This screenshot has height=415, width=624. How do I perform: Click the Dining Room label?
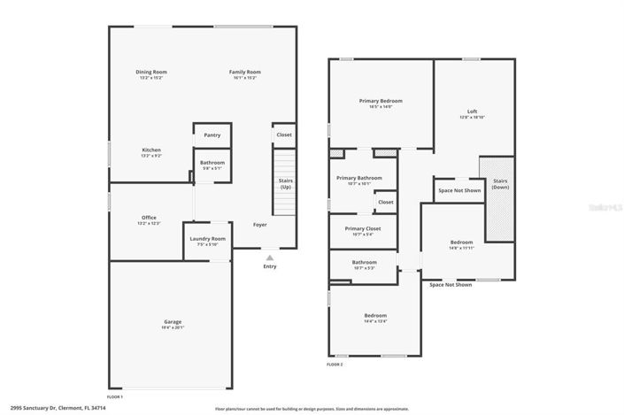151,72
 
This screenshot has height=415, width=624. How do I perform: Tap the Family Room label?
245,72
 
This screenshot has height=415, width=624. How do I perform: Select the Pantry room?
212,135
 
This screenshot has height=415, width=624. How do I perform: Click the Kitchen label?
151,150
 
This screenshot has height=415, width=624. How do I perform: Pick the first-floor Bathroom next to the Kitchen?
212,164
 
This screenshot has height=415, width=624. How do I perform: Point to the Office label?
150,218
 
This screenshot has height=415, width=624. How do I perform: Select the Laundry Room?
208,240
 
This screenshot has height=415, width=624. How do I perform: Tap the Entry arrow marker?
270,258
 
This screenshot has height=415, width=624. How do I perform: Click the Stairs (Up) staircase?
285,183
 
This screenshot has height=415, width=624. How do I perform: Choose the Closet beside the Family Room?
284,134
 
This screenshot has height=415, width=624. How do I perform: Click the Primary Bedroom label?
381,101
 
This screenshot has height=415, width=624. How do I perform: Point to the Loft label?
473,111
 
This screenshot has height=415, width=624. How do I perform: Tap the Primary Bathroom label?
359,179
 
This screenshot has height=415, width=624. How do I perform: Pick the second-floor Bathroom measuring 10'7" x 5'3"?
364,263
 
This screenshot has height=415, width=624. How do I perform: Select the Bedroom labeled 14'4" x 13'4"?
375,317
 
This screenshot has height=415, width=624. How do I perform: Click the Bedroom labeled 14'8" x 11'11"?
461,242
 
